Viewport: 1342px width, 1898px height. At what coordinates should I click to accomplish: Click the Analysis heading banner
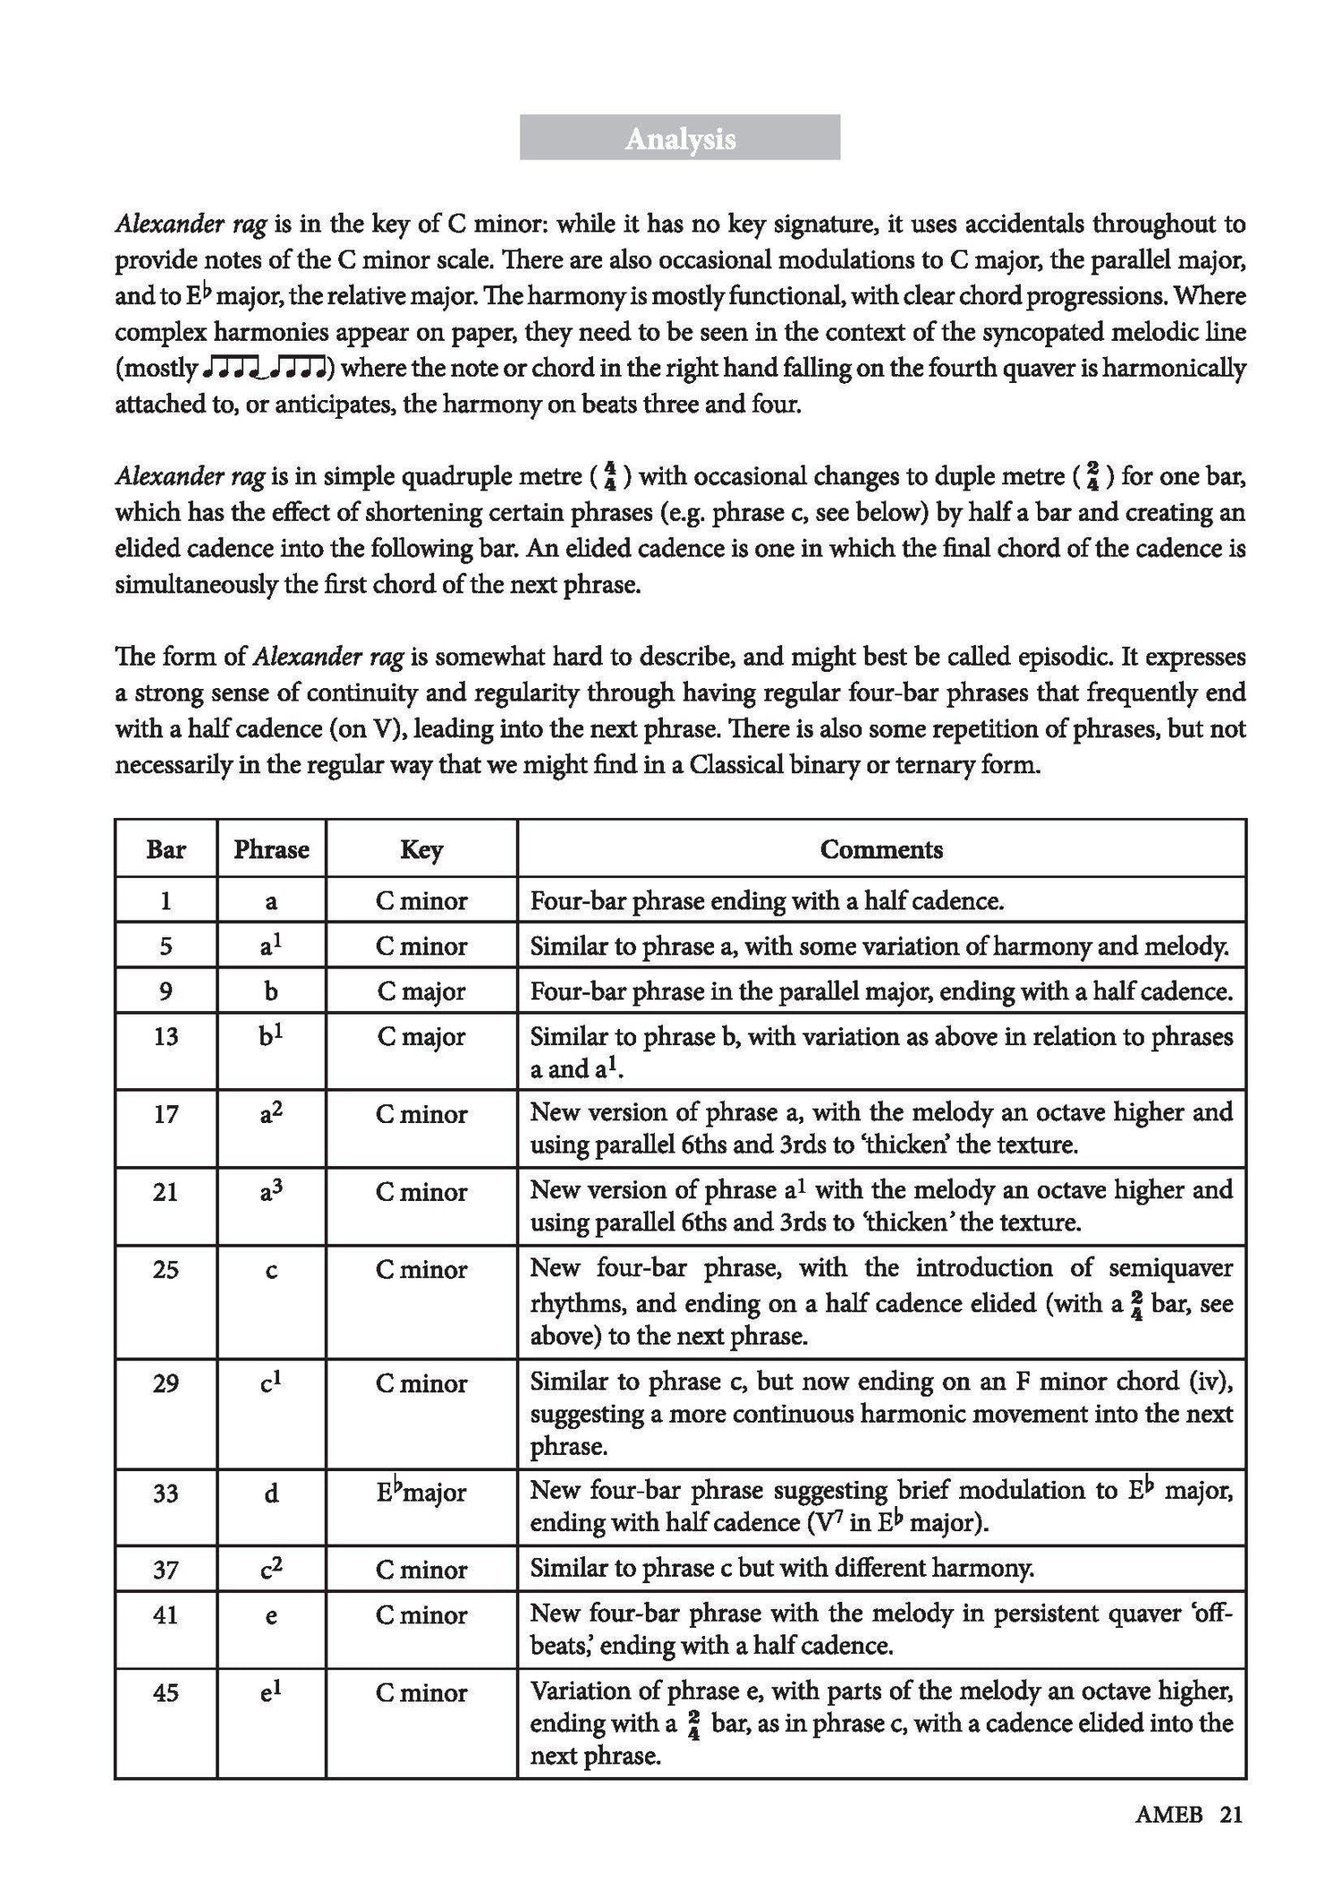point(680,138)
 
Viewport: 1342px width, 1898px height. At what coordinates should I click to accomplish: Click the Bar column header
point(166,849)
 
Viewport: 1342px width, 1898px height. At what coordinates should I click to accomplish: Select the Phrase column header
point(271,849)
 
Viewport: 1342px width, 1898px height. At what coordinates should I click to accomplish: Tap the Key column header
point(421,849)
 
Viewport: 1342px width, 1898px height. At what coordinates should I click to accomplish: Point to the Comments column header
point(881,849)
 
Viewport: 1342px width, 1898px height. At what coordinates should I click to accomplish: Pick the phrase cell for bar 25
point(271,1270)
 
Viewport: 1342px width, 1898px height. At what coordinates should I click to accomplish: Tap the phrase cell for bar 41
point(271,1614)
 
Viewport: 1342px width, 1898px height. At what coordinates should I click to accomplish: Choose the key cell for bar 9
point(421,992)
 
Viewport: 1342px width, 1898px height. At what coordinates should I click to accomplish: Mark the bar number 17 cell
point(166,1114)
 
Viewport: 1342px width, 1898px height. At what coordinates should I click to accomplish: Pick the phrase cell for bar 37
point(271,1569)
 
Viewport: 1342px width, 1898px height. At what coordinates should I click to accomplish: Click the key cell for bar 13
point(421,1036)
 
